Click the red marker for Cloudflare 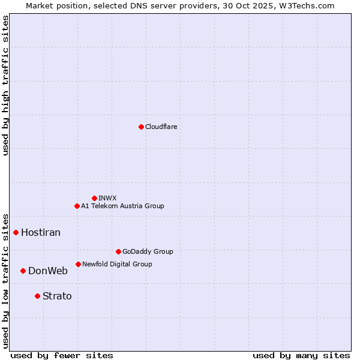(141, 127)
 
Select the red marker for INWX (94, 198)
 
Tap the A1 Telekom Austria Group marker (77, 206)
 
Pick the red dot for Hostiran (16, 232)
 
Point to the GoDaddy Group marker (118, 251)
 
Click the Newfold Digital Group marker (78, 264)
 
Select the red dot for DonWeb (23, 271)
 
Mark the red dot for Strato (37, 296)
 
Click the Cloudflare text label (161, 127)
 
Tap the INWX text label (107, 198)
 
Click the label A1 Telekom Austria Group (122, 206)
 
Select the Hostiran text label (41, 232)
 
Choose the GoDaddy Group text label (148, 251)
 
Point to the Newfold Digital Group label (117, 264)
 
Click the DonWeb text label (48, 271)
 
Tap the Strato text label (57, 296)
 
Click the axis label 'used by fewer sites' (62, 355)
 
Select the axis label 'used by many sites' (301, 355)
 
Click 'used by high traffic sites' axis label (5, 85)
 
